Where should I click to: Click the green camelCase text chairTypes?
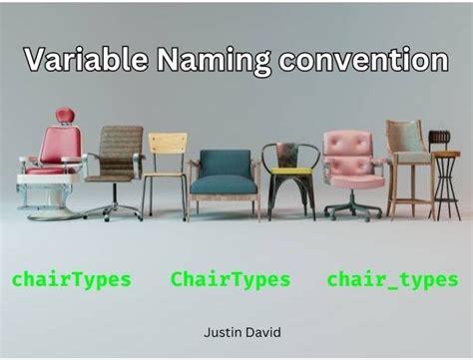[71, 280]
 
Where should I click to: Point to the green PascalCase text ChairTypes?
[231, 280]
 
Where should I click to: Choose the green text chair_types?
[392, 280]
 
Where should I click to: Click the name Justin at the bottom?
[221, 328]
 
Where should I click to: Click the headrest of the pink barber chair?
[65, 116]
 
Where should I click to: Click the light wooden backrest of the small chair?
[167, 142]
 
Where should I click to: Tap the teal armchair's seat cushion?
[225, 183]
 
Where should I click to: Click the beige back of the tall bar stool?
[405, 136]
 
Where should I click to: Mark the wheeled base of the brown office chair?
[112, 209]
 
